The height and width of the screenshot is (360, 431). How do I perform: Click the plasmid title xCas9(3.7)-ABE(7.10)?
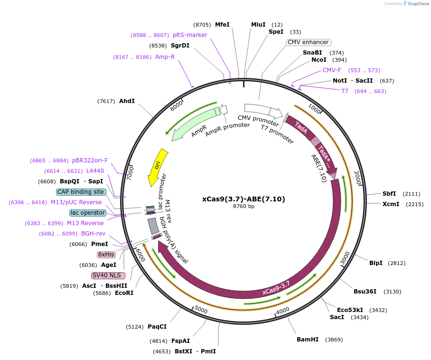pos(244,199)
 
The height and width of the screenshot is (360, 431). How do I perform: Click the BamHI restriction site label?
pos(308,340)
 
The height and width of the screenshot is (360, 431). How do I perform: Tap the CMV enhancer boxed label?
pos(309,42)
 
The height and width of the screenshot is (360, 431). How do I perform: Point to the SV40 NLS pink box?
pos(108,275)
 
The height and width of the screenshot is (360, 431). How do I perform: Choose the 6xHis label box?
pos(106,255)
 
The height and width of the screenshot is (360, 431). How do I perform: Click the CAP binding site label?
pos(80,192)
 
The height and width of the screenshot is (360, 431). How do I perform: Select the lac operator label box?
pos(87,213)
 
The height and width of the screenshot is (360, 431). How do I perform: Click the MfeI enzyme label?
pos(222,25)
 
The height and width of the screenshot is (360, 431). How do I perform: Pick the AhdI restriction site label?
pos(127,101)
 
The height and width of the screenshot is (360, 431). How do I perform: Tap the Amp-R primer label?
pos(165,57)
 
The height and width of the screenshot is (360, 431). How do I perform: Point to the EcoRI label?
pos(124,293)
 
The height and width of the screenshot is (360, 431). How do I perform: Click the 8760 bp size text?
pos(244,207)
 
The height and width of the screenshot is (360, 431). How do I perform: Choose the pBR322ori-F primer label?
pos(90,161)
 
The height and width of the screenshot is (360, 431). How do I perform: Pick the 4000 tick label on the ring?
pos(283,310)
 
